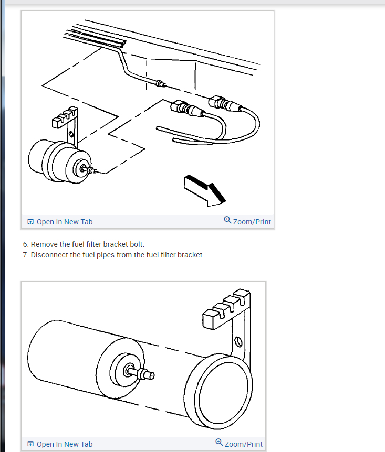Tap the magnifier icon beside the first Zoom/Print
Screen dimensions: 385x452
click(227, 220)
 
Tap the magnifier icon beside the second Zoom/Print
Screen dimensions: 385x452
click(219, 443)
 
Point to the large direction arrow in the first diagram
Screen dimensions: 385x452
click(204, 190)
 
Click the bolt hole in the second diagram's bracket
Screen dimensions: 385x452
click(238, 342)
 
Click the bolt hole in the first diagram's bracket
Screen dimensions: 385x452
click(71, 134)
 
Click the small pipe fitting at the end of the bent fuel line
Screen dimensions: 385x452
click(161, 84)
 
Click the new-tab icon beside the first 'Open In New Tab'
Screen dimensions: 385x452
click(30, 221)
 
